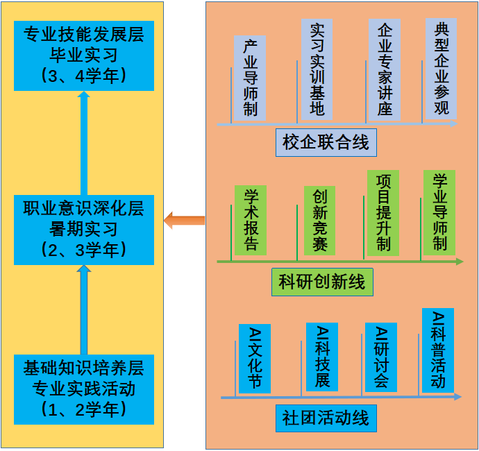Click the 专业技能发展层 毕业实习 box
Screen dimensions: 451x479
83,56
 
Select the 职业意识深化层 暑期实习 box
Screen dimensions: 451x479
83,230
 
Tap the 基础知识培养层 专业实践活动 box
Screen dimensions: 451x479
83,389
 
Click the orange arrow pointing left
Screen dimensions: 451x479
184,221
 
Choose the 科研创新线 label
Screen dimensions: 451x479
322,282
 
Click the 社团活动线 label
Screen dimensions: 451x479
326,418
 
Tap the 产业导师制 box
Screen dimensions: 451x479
250,78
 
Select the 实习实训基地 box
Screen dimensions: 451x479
317,69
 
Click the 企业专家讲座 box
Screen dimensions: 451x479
385,69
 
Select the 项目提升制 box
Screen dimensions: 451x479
383,212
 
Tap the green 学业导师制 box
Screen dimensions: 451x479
439,212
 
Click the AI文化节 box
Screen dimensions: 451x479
254,358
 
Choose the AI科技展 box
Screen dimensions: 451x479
322,357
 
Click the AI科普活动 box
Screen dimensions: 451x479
438,350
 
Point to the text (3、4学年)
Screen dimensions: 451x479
83,75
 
